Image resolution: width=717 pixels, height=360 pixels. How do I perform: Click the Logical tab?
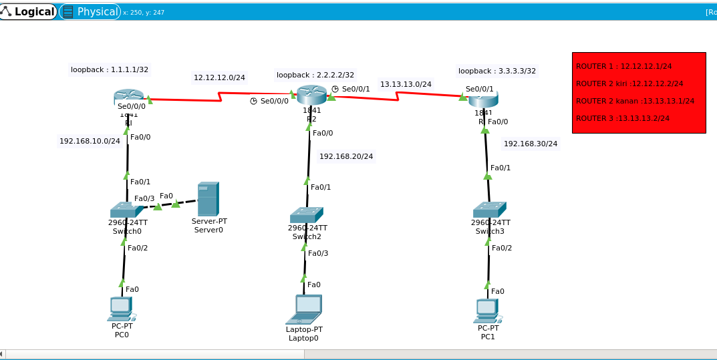click(29, 11)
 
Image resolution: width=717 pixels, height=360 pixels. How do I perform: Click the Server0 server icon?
click(208, 198)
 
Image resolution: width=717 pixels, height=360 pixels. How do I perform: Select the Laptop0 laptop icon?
click(304, 309)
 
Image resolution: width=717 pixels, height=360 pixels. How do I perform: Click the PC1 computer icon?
click(488, 311)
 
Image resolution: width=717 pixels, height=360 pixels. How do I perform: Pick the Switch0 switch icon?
click(126, 210)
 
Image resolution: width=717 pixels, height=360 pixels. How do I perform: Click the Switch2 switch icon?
click(307, 214)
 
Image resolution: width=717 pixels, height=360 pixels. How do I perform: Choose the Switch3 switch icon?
click(489, 210)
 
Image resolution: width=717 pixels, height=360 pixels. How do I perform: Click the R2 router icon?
click(311, 95)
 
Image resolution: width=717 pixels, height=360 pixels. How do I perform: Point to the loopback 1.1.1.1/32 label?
click(110, 69)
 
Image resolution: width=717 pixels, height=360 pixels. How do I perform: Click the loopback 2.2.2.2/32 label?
click(315, 75)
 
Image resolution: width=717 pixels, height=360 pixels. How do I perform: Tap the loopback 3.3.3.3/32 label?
click(496, 71)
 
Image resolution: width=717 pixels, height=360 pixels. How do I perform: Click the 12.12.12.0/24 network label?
click(219, 77)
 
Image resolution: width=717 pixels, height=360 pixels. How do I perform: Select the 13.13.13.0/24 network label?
click(406, 84)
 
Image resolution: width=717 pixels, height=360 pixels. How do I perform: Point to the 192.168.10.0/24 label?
click(90, 141)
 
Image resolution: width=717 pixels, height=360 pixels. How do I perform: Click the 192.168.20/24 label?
click(346, 156)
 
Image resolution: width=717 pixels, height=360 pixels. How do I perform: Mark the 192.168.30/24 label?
click(531, 144)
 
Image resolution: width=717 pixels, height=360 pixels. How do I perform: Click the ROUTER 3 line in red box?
click(623, 118)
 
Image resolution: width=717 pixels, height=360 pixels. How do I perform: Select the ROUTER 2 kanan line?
click(635, 101)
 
